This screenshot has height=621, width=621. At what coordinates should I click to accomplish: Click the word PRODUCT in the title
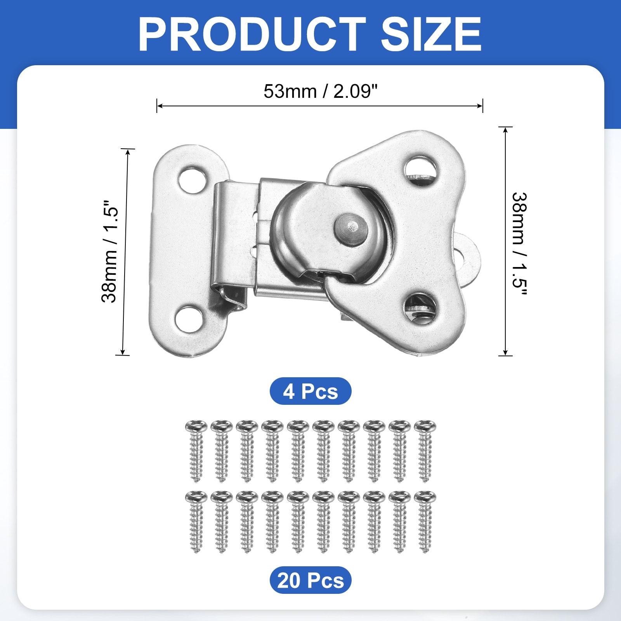click(252, 34)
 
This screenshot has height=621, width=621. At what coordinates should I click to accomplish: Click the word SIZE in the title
click(431, 34)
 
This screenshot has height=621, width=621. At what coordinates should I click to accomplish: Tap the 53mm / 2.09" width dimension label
click(321, 92)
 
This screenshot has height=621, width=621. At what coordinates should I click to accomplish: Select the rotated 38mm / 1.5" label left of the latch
click(109, 251)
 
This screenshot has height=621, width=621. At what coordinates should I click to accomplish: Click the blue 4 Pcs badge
click(310, 391)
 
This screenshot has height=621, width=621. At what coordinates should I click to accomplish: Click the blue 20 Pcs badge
click(310, 580)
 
